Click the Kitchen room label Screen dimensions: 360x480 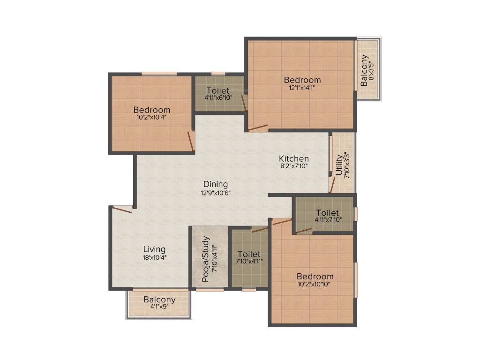(294, 158)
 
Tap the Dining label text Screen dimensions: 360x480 (216, 184)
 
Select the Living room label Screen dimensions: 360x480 (154, 249)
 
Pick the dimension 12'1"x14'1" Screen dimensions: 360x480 (302, 88)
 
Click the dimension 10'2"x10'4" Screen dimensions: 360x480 (151, 118)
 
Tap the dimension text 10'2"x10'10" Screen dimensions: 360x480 (315, 284)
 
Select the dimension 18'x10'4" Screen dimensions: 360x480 (154, 257)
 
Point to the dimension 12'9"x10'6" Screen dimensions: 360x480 (216, 192)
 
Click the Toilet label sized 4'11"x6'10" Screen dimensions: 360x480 (217, 90)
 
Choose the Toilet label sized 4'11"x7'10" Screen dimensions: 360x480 (327, 212)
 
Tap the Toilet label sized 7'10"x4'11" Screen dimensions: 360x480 (249, 254)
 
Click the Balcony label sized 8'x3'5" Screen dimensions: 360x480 (364, 70)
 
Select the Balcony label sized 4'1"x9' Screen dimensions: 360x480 (159, 300)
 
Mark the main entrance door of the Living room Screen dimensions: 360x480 (122, 210)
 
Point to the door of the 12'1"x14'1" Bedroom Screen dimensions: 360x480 (258, 127)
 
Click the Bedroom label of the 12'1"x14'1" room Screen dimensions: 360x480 (302, 80)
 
